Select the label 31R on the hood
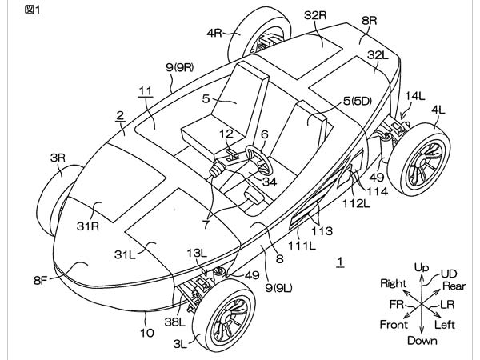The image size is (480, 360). click(x=88, y=226)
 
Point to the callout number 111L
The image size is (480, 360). click(x=302, y=246)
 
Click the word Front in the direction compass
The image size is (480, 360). click(x=394, y=324)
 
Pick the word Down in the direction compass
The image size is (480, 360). click(x=422, y=341)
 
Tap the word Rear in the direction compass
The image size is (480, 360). click(x=454, y=286)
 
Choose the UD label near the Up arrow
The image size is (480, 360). click(x=449, y=274)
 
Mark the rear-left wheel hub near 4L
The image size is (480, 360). click(x=422, y=161)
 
